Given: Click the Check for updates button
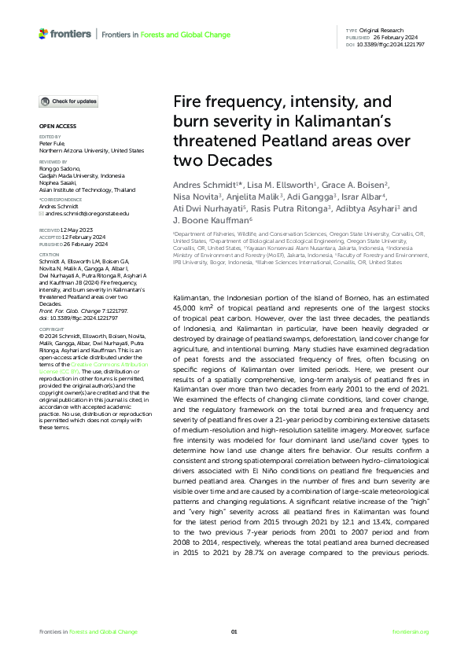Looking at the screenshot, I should (70, 101).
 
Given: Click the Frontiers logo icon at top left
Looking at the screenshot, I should (43, 34).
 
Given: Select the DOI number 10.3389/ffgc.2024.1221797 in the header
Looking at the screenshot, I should (392, 45).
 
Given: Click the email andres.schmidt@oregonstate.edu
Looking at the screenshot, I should (76, 214).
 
